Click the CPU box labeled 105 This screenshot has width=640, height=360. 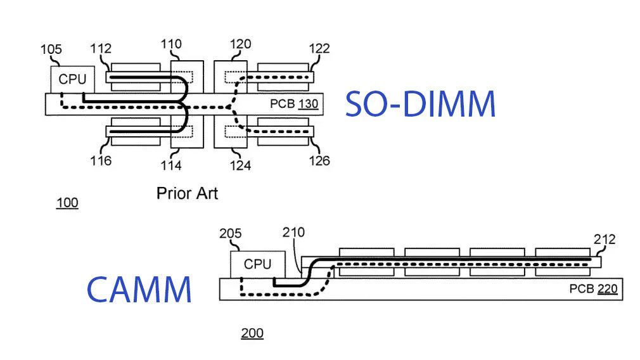click(x=72, y=79)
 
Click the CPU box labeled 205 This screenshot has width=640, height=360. click(x=257, y=264)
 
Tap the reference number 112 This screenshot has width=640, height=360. click(x=101, y=49)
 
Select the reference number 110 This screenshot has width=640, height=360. click(x=171, y=44)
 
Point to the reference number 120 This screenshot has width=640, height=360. click(x=240, y=44)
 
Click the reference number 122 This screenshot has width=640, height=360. click(x=319, y=49)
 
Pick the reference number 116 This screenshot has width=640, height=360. click(x=100, y=160)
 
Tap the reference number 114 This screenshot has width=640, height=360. click(x=171, y=165)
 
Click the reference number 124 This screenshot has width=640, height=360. click(x=240, y=165)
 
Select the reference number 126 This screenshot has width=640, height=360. click(x=319, y=160)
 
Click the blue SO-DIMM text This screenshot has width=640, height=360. click(x=419, y=104)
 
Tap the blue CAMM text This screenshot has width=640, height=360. click(x=139, y=289)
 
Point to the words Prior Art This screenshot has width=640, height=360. click(x=187, y=193)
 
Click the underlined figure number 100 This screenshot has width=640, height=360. click(x=67, y=203)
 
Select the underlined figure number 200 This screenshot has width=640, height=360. click(x=252, y=333)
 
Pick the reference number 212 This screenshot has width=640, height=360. click(x=604, y=240)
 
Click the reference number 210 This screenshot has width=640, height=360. click(x=294, y=233)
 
